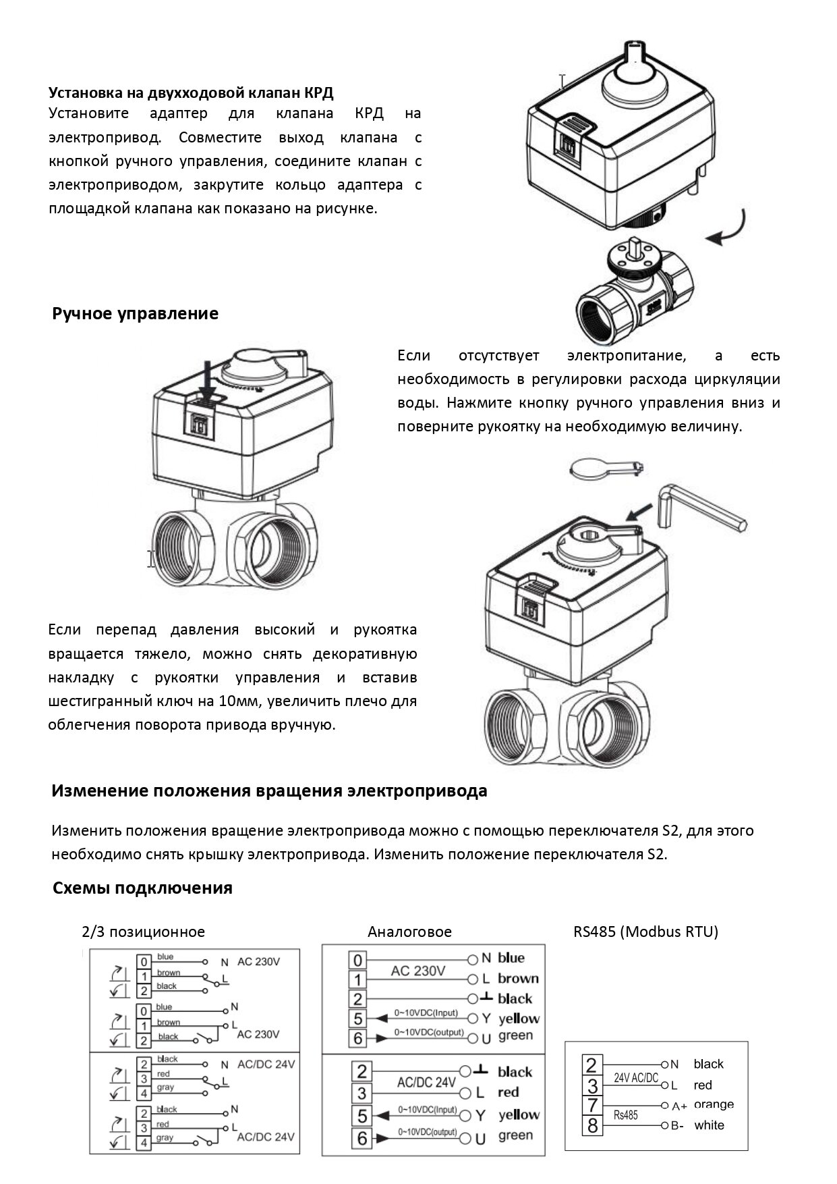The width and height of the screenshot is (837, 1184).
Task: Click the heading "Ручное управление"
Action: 135,314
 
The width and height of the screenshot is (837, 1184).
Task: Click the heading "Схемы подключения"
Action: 142,888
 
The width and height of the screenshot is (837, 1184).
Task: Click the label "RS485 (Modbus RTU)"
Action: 645,932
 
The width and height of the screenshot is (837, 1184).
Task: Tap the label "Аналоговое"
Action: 409,932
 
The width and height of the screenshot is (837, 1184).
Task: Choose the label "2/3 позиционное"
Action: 143,932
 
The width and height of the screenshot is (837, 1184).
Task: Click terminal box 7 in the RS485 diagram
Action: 592,1106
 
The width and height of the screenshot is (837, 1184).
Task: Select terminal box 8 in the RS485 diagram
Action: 592,1125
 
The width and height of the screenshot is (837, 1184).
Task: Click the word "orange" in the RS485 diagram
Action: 714,1104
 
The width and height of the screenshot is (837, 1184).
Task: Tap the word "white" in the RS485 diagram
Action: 709,1125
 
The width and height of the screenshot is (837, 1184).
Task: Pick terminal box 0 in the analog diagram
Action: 357,960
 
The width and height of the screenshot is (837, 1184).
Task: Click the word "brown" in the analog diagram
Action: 518,979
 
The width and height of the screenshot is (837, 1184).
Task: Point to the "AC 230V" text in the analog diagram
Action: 418,971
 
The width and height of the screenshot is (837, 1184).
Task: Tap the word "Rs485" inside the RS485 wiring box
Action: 625,1116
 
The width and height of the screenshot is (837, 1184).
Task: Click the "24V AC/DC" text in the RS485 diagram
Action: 635,1078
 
